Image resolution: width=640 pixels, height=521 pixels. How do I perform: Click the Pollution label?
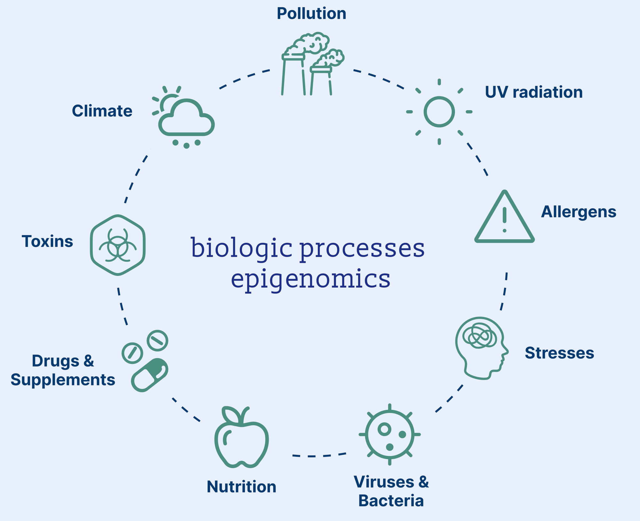coord(311,13)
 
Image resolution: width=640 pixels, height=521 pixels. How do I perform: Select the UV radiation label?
coord(534,92)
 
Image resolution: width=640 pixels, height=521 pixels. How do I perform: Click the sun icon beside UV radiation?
coord(439,112)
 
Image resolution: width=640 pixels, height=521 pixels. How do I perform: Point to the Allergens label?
coord(579,212)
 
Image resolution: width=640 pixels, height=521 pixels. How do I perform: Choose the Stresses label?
coord(559,353)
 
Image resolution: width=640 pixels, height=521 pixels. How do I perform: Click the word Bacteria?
coord(391,501)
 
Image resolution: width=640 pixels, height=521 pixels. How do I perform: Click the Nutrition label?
coord(242,487)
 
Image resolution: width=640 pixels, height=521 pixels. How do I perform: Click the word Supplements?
coord(63,380)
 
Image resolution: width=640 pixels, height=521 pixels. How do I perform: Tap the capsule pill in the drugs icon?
coord(149,375)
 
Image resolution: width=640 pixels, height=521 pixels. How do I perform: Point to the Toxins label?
coord(47,241)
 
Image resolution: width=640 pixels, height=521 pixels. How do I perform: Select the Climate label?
coord(102,111)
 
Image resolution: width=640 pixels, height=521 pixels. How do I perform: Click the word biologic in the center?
coord(242,248)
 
